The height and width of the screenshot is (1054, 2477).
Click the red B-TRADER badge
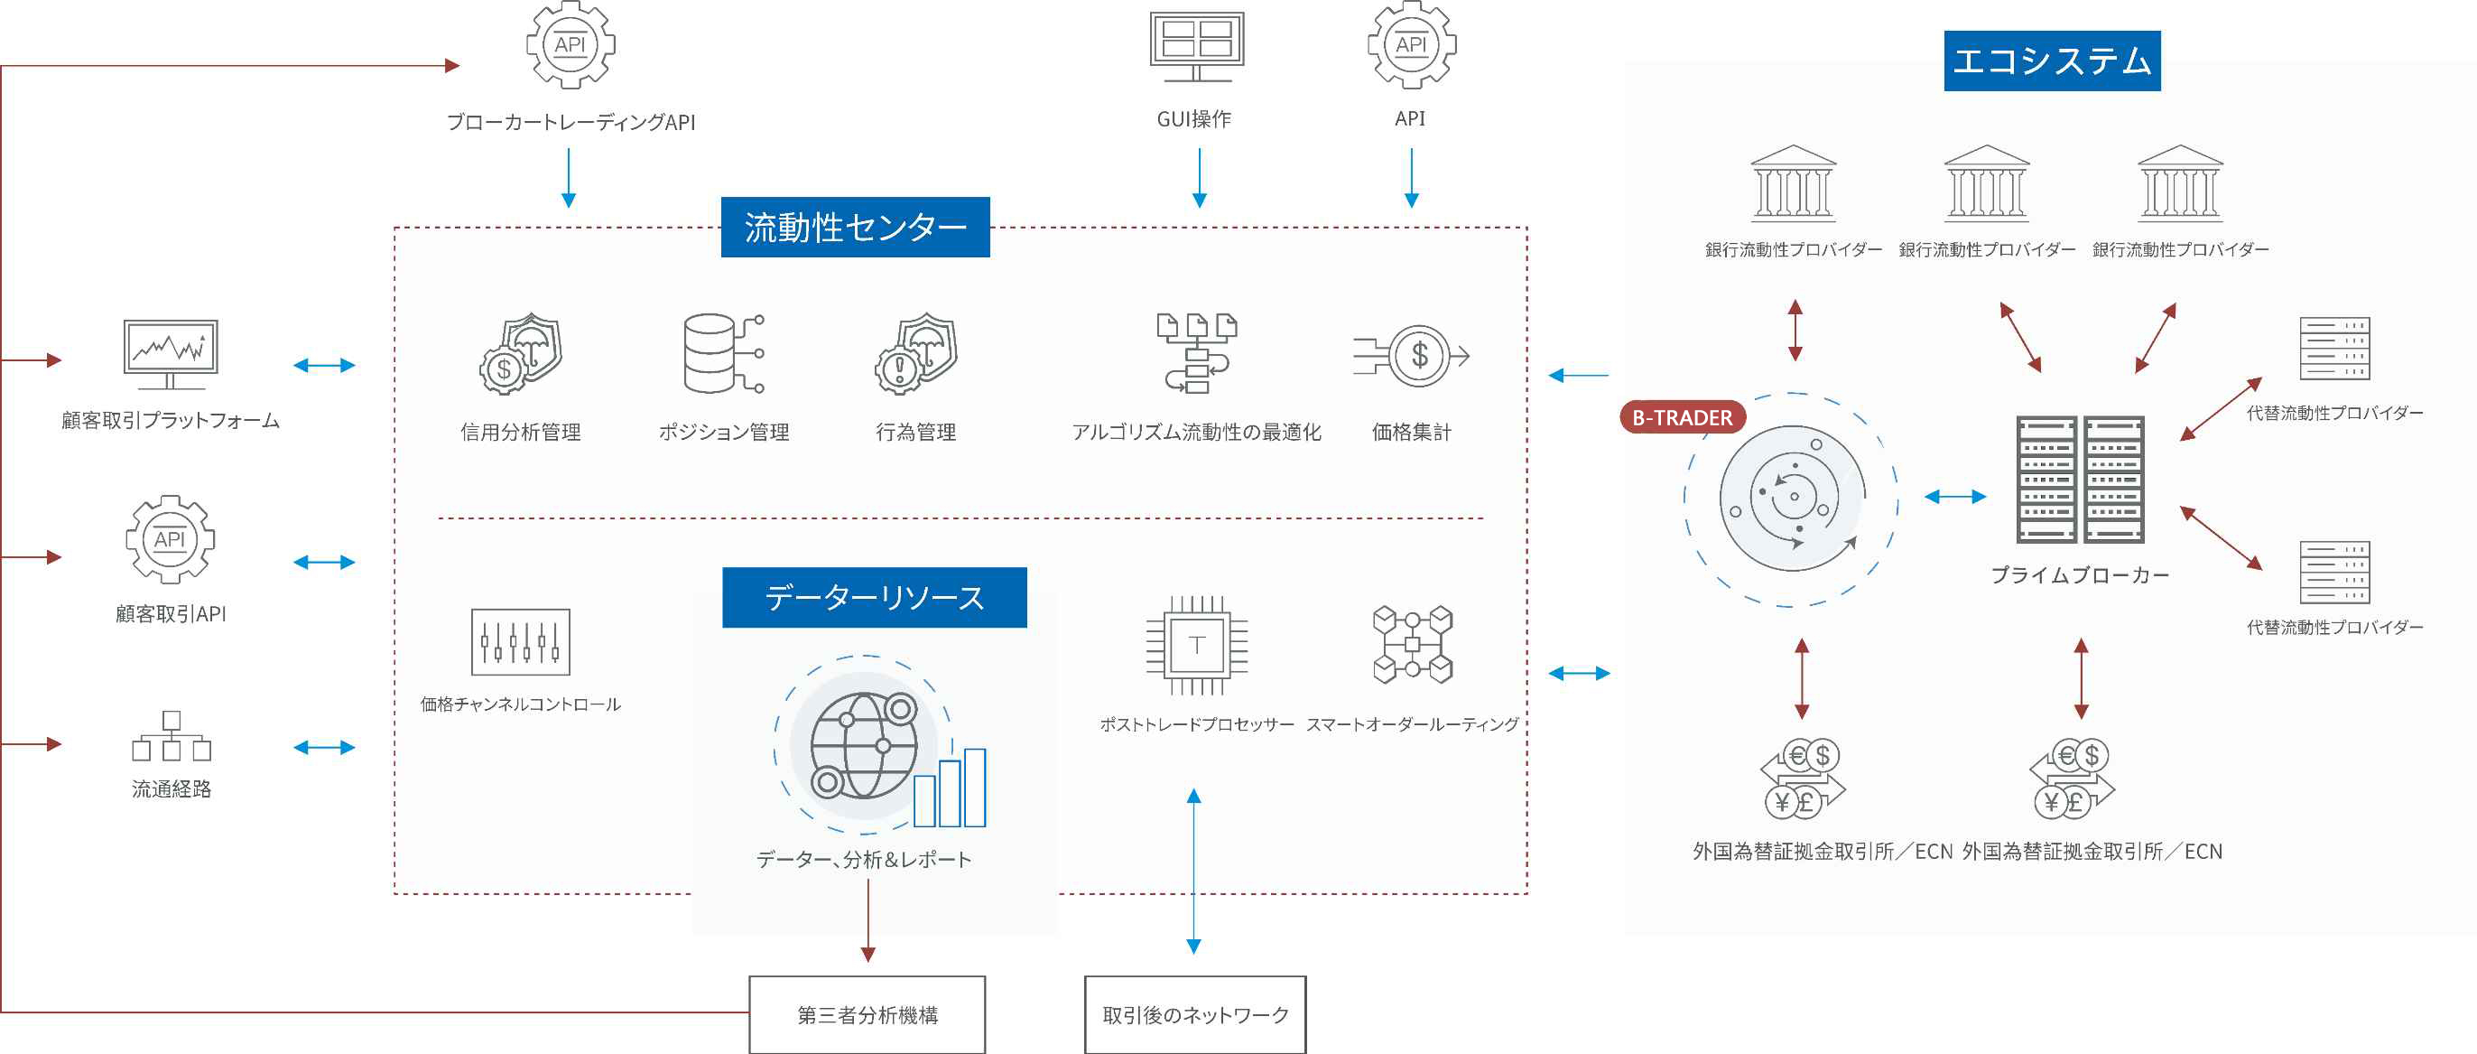pyautogui.click(x=1683, y=417)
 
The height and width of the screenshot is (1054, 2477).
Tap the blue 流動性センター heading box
pyautogui.click(x=855, y=227)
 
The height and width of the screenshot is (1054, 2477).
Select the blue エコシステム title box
pyautogui.click(x=2052, y=61)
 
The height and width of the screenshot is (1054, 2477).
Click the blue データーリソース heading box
pyautogui.click(x=874, y=597)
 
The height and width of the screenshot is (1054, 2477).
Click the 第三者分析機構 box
pyautogui.click(x=867, y=1014)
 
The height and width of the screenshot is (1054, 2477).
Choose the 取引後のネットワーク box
pyautogui.click(x=1195, y=1014)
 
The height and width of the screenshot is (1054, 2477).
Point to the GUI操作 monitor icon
pyautogui.click(x=1196, y=45)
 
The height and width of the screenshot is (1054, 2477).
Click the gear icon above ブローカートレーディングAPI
pyautogui.click(x=571, y=45)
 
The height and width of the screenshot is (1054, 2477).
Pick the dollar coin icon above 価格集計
pyautogui.click(x=1411, y=356)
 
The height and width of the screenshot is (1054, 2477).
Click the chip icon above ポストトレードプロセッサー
pyautogui.click(x=1196, y=644)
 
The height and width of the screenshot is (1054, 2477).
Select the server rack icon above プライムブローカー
pyautogui.click(x=2080, y=479)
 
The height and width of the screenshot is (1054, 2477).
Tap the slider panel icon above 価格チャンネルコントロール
pyautogui.click(x=520, y=641)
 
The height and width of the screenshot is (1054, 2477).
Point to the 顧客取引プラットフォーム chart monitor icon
pyautogui.click(x=171, y=354)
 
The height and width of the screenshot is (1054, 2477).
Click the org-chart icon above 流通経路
pyautogui.click(x=172, y=736)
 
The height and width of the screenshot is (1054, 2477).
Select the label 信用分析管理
pyautogui.click(x=520, y=432)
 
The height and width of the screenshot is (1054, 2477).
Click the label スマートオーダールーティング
pyautogui.click(x=1412, y=724)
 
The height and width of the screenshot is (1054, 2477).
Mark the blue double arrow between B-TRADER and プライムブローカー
pyautogui.click(x=1955, y=496)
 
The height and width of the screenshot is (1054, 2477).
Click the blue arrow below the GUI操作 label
pyautogui.click(x=1199, y=178)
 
